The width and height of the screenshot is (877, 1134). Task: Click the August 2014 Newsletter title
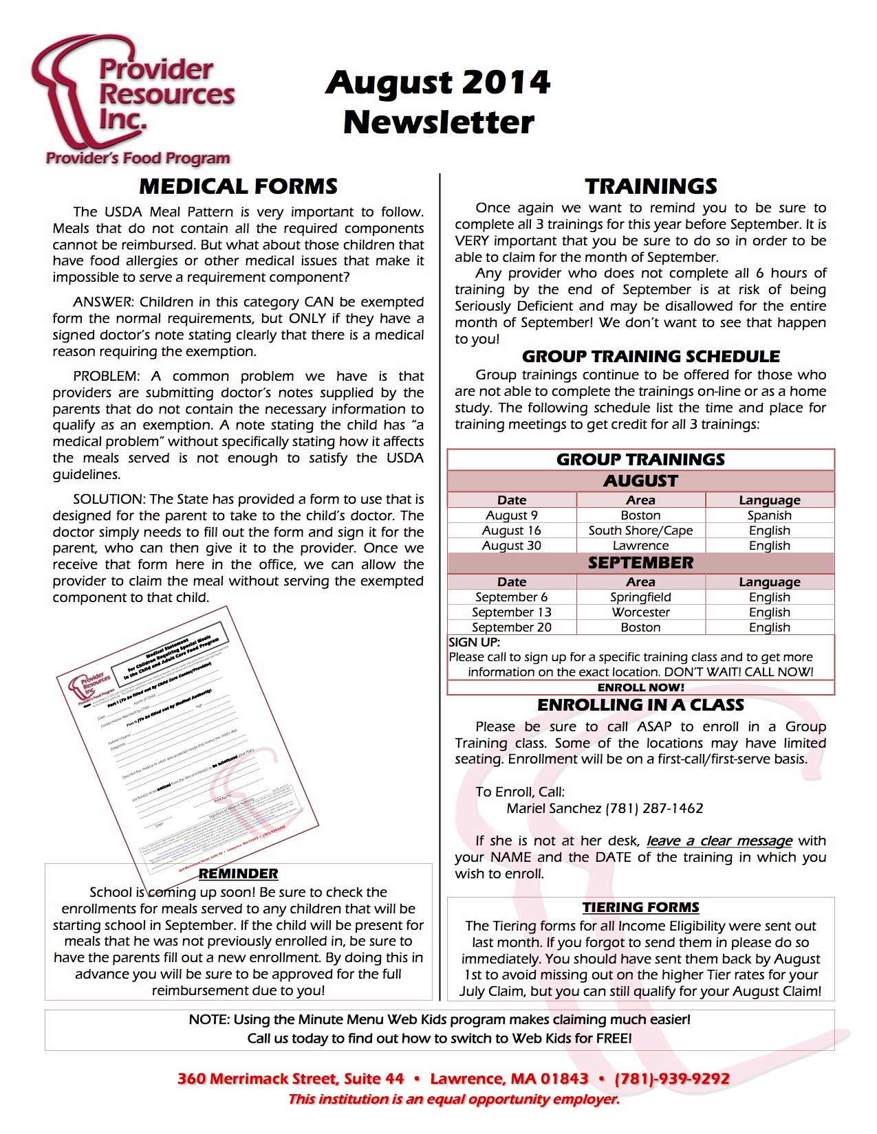point(438,102)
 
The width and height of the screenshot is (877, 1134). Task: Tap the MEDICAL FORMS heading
point(238,186)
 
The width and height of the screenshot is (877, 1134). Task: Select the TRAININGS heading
point(651,186)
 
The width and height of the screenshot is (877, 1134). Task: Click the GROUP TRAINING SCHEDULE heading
point(651,356)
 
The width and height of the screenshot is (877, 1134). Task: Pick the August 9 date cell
point(512,515)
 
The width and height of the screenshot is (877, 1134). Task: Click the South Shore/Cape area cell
point(640,531)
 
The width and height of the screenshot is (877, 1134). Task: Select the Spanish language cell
point(769,515)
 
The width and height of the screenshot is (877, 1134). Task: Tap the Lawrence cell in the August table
point(640,546)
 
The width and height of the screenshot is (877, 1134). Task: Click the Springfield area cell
point(640,597)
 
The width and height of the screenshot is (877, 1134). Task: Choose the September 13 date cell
point(512,612)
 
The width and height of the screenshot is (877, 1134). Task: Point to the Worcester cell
point(640,612)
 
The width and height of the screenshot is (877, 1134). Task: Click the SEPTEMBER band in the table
point(640,563)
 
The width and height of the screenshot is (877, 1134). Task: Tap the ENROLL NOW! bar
point(640,687)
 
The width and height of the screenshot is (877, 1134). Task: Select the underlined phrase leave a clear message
point(719,841)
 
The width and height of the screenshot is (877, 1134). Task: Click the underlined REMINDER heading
point(238,874)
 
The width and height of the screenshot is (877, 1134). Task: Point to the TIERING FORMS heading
point(640,907)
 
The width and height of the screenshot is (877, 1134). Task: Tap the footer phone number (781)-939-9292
point(672,1079)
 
